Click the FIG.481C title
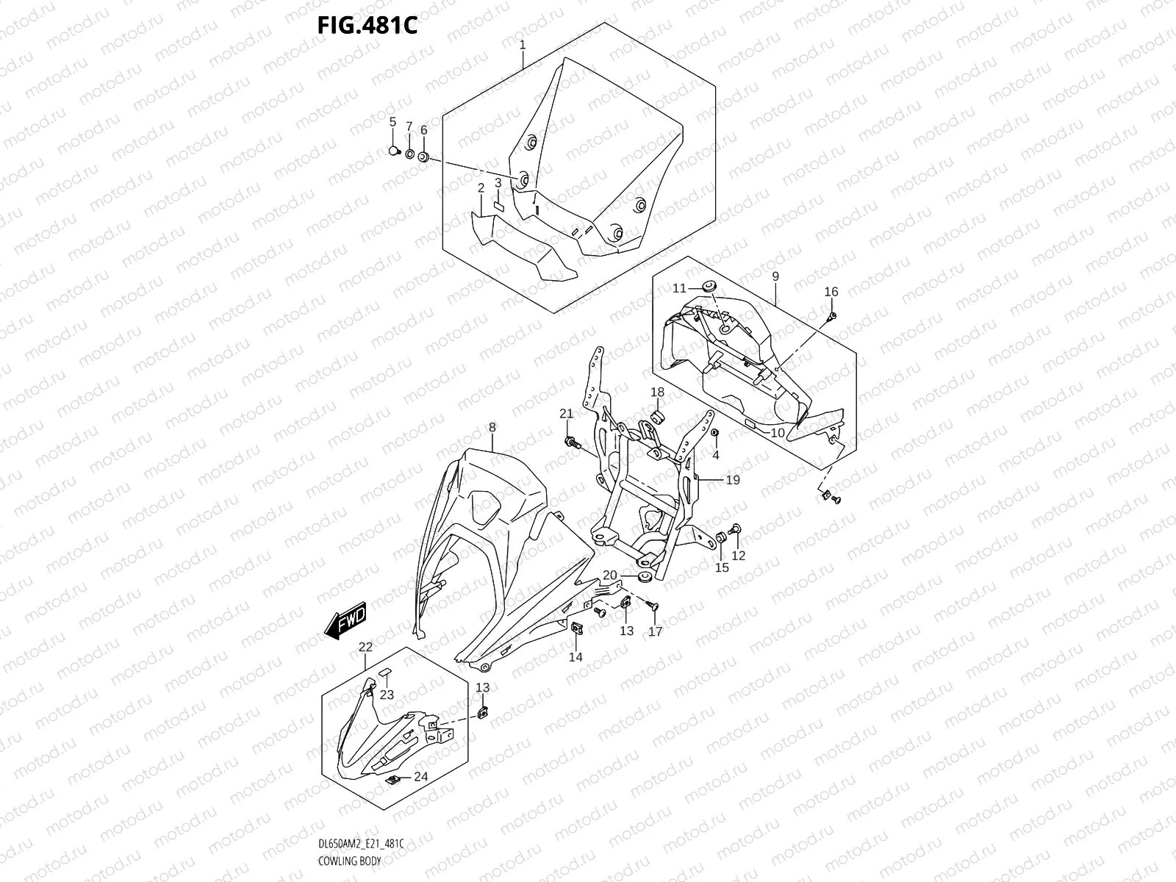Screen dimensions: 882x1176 click(x=367, y=26)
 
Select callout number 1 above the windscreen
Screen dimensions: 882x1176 click(x=523, y=45)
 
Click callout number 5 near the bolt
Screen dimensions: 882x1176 click(x=392, y=121)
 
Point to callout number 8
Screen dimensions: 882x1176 click(x=492, y=427)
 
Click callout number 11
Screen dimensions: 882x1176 click(x=678, y=287)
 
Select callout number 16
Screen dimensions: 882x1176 click(x=831, y=292)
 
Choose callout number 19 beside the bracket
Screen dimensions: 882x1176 click(x=732, y=480)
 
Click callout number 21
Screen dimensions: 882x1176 click(x=566, y=414)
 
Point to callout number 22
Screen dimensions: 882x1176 click(x=365, y=646)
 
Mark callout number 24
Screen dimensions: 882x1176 click(x=420, y=776)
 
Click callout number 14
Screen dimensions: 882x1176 click(x=576, y=656)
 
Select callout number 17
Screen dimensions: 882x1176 click(x=655, y=631)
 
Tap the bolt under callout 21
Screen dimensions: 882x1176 click(x=571, y=443)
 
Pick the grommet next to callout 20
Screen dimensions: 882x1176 click(x=642, y=576)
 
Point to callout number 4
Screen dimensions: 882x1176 click(x=716, y=455)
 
